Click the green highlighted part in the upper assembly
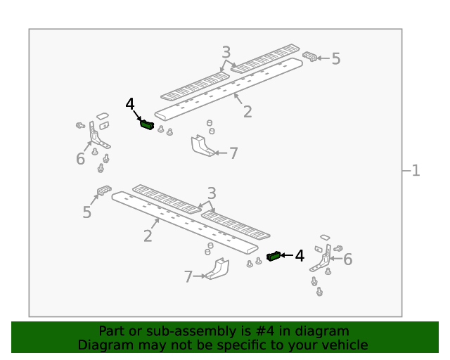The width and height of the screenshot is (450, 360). tap(147, 124)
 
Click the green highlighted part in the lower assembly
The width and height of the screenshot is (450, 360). tap(274, 256)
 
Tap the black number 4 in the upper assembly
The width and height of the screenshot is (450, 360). tap(130, 104)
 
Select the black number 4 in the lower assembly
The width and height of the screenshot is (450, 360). tap(300, 255)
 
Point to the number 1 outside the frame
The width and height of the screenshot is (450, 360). tap(416, 171)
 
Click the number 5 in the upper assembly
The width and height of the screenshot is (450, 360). tap(336, 59)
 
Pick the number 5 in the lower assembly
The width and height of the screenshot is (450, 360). tap(86, 212)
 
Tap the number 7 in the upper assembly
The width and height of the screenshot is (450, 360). tap(233, 153)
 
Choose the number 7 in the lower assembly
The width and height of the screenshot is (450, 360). tap(188, 277)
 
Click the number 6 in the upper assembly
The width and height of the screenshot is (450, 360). tap(80, 159)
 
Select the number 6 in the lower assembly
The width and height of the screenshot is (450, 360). tap(348, 259)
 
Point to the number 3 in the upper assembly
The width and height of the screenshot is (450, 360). tap(226, 52)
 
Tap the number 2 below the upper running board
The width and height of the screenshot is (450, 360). tap(247, 112)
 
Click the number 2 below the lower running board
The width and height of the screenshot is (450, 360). tap(148, 236)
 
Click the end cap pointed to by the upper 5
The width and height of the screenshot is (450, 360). tap(309, 56)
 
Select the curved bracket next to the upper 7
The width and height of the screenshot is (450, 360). tap(202, 146)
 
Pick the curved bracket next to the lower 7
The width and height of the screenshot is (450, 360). tap(218, 269)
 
